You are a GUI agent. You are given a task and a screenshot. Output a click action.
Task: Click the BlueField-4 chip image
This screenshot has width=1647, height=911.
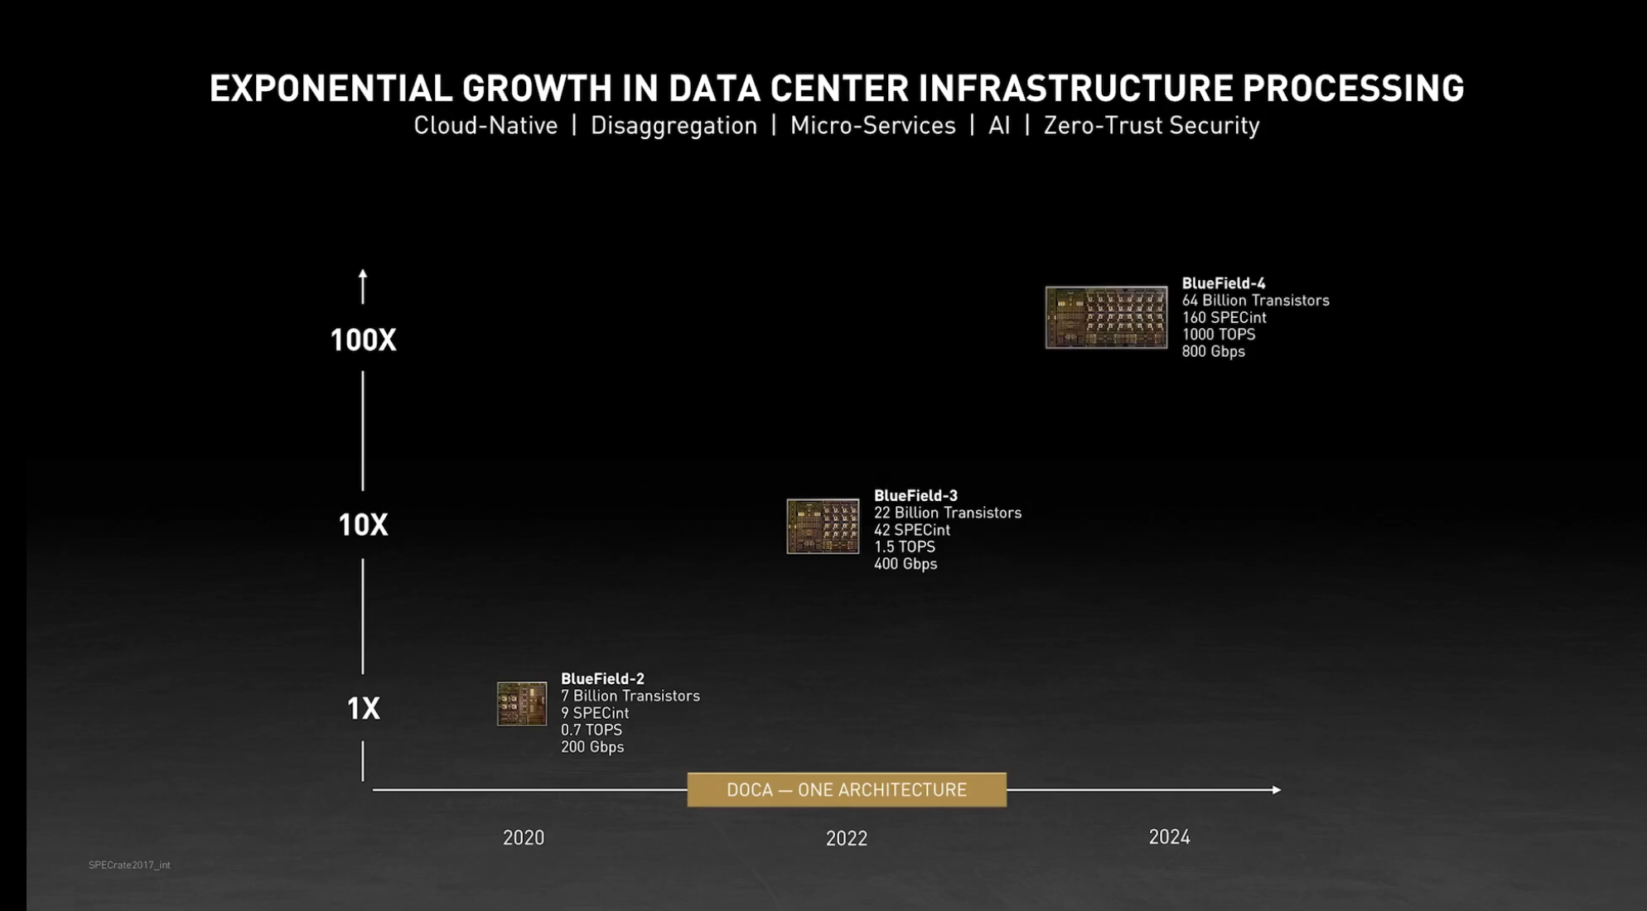point(1106,317)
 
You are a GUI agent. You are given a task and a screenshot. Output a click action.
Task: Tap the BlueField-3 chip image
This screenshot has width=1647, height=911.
point(823,526)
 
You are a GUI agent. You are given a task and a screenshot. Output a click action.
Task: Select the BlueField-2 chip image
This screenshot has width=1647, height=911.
point(522,704)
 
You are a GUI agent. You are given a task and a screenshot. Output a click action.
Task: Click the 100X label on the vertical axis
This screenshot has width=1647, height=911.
point(363,340)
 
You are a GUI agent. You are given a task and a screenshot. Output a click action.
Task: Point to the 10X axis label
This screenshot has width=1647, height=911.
point(363,525)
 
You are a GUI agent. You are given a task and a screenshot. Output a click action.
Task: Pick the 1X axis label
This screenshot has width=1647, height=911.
point(363,709)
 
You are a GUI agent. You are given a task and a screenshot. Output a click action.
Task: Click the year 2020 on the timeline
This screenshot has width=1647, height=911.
point(524,838)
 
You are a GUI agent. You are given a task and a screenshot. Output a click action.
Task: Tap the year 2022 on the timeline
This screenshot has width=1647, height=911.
point(847,839)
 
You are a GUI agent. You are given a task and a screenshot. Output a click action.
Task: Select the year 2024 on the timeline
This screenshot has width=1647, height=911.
point(1169,837)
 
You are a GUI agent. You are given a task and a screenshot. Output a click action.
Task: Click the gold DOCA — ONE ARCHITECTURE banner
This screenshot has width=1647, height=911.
point(847,790)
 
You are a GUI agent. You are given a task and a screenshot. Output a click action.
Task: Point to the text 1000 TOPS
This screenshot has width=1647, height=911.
point(1218,335)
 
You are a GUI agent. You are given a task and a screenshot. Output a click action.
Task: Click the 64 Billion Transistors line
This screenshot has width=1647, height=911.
point(1255,301)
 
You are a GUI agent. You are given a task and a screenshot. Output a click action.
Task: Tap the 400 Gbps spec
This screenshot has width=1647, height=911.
point(906,564)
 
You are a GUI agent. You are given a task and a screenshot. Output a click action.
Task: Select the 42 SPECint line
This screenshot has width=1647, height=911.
point(911,530)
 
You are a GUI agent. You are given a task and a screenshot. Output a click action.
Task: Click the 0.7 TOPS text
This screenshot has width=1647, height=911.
point(591,730)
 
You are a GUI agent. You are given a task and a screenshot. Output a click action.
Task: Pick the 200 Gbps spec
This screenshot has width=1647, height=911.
point(592,747)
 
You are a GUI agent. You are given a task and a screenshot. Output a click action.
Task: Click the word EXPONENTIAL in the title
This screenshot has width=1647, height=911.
point(331,89)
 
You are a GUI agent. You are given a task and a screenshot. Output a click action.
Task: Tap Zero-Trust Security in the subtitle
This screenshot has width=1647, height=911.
point(1151,126)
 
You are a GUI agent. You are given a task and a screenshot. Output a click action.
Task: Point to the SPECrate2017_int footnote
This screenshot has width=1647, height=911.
point(129,865)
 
